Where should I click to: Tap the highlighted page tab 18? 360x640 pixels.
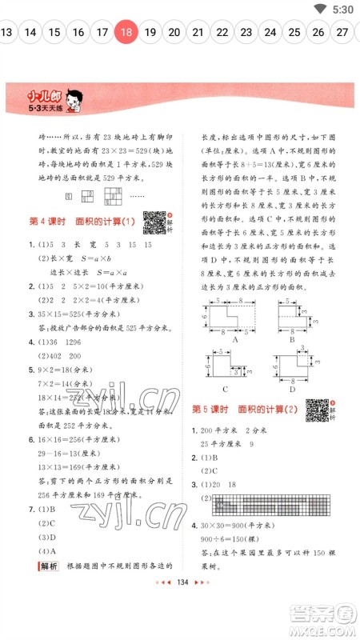[x=126, y=33]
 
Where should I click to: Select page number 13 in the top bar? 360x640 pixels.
[x=7, y=33]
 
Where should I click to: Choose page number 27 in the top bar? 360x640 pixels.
[x=342, y=33]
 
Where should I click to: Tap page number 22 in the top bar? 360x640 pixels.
[x=222, y=33]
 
